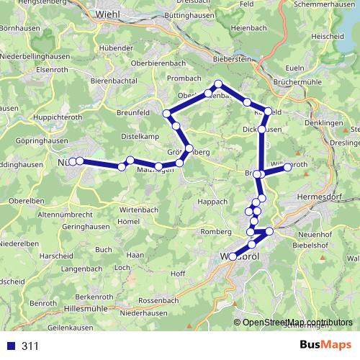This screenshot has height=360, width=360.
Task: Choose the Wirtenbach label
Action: pos(134,209)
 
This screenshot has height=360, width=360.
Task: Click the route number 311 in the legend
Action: pos(30,346)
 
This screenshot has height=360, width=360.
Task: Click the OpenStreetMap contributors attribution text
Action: pos(297,323)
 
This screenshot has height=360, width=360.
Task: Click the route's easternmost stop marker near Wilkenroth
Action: pos(287,167)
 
